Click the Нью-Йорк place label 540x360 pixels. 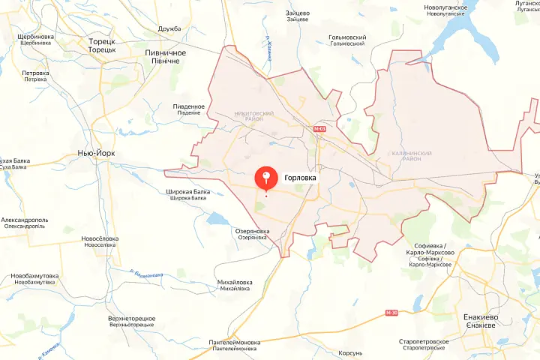[x=96, y=152]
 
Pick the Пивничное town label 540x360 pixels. [x=165, y=53]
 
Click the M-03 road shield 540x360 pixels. [x=320, y=129]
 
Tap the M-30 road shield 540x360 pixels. [x=391, y=313]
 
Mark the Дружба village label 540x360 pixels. [x=170, y=29]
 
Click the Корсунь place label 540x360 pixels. [x=350, y=352]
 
